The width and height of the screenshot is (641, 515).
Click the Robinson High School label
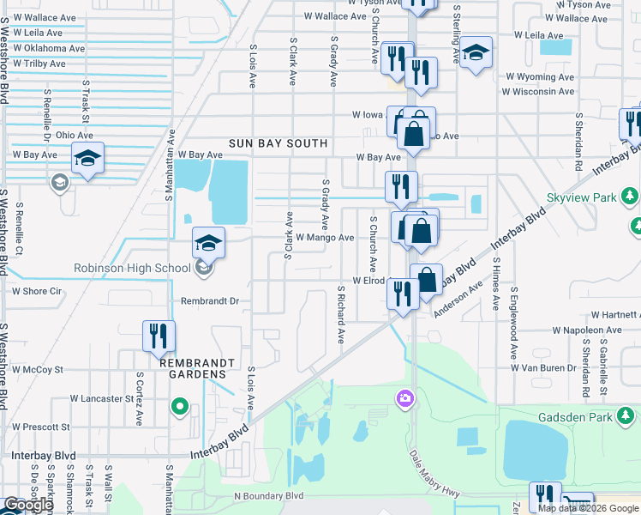[x=131, y=268]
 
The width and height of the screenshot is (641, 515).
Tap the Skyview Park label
[x=582, y=197]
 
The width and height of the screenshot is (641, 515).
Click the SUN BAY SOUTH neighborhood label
[x=279, y=143]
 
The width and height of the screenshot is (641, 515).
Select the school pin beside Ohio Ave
[x=87, y=158]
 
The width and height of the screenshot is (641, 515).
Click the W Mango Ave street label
[x=325, y=237]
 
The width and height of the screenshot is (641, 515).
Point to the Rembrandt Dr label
[x=209, y=301]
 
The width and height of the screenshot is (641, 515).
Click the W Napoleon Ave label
[x=592, y=330]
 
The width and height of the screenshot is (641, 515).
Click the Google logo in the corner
[x=28, y=505]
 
